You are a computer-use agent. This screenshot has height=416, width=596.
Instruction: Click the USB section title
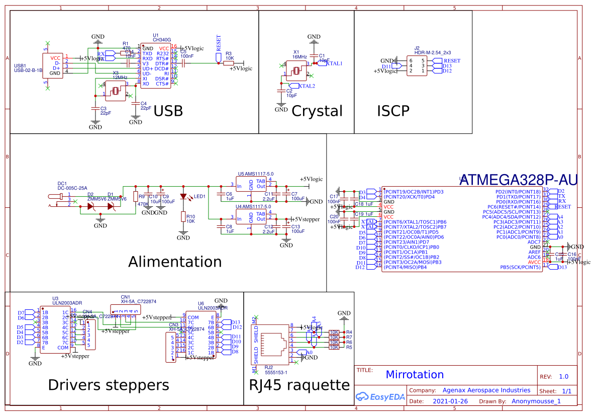[168, 111]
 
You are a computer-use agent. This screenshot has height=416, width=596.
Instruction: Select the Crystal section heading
[317, 111]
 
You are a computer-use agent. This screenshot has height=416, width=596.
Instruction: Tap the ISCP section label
[393, 111]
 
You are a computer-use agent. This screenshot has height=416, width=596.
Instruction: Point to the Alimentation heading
[175, 262]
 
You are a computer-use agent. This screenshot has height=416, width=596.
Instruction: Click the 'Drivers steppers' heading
[108, 385]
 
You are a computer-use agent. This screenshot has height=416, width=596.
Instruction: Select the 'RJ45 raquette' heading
[299, 385]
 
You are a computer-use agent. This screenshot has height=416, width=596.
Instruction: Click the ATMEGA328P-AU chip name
[519, 180]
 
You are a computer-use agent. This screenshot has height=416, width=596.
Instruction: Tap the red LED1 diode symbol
[184, 196]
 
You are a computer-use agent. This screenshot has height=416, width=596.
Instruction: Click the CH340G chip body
[155, 66]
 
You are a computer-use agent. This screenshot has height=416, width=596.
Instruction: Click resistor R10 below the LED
[184, 217]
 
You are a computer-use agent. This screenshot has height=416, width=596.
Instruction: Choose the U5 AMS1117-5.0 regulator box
[251, 184]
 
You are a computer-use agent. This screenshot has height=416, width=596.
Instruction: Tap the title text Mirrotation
[415, 375]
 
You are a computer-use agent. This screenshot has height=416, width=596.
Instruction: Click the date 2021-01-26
[450, 401]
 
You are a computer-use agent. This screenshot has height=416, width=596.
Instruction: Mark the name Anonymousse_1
[536, 401]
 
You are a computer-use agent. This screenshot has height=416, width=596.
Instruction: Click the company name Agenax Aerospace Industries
[486, 390]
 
